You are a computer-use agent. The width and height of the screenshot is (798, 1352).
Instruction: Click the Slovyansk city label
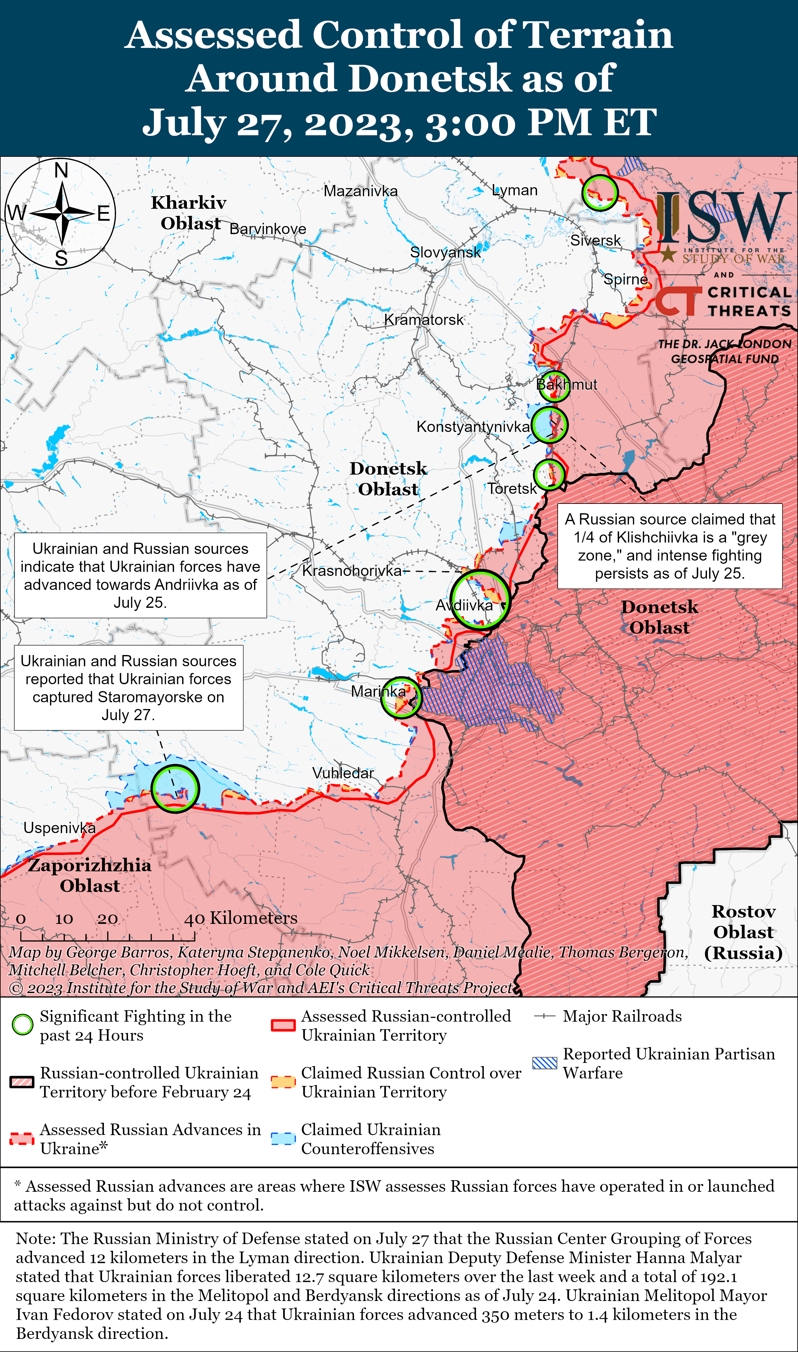click(445, 252)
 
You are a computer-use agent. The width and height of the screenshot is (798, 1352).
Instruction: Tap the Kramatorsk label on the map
click(423, 320)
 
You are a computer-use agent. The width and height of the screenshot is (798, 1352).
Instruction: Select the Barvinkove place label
click(268, 229)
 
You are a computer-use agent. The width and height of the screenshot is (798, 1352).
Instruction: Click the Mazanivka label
click(360, 191)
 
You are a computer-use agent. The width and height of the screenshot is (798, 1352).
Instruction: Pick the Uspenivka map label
click(59, 828)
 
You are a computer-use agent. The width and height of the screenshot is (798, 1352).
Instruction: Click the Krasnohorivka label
click(352, 571)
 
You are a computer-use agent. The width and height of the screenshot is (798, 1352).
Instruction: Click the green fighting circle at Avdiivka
click(480, 599)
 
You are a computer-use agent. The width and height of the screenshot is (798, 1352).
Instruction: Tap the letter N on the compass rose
click(61, 171)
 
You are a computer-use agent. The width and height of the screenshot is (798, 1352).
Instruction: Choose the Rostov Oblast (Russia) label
click(743, 932)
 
